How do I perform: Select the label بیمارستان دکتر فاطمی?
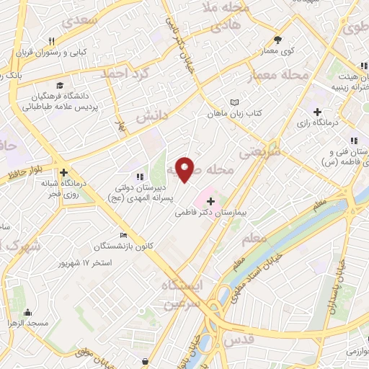point(211,214)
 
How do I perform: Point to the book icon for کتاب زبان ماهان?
point(233,102)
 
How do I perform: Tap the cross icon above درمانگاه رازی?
point(317,112)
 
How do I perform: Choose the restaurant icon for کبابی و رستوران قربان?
point(51,41)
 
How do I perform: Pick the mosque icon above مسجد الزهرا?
point(28,313)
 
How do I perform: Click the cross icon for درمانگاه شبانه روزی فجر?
point(64,173)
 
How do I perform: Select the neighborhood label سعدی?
point(80,20)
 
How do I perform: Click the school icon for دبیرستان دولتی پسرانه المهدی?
point(140,176)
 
